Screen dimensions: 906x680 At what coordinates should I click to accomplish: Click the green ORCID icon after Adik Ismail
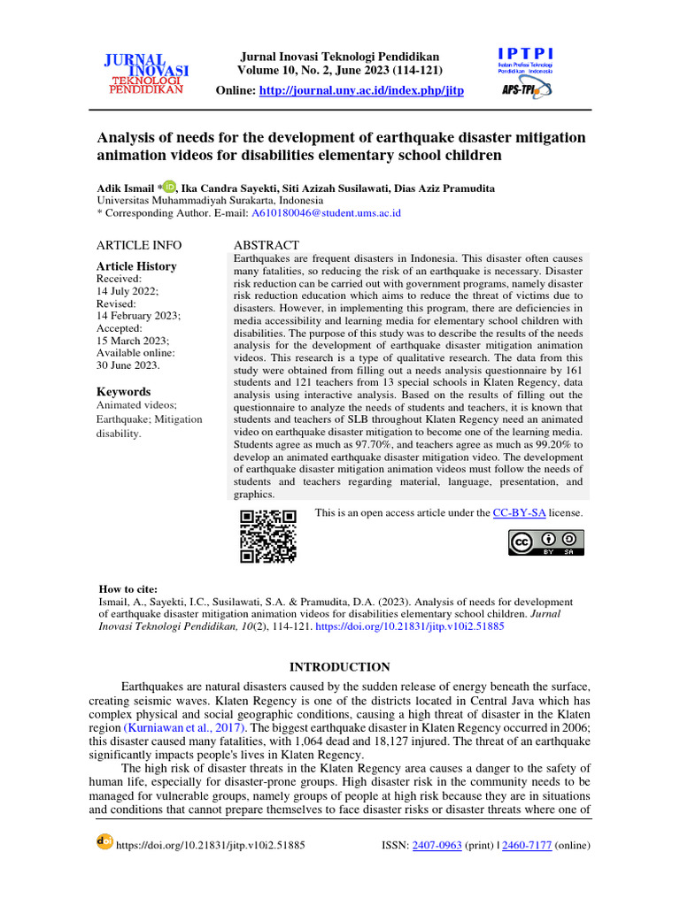point(169,188)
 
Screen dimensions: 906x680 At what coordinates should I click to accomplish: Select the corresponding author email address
point(326,213)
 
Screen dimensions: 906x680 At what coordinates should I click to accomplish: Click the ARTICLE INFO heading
point(138,245)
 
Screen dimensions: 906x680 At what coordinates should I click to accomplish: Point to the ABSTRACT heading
point(266,245)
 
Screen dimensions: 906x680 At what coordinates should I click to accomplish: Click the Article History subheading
point(135,266)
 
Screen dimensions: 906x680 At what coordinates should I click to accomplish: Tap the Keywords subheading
point(123,392)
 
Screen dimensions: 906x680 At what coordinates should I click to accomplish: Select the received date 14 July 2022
point(127,291)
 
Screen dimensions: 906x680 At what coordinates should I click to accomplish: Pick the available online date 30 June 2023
point(127,365)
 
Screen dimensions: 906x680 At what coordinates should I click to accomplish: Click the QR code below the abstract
point(267,536)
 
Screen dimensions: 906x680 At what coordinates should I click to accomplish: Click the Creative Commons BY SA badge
point(545,542)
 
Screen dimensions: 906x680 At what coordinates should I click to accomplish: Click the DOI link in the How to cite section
point(410,626)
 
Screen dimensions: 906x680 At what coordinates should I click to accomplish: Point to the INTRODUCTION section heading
point(340,667)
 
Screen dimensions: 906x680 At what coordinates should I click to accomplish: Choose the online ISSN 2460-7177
point(527,845)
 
